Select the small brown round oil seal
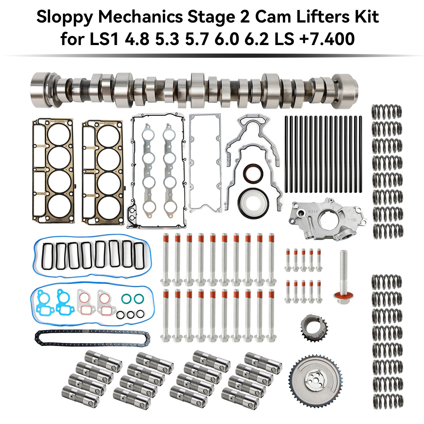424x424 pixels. coord(253,174)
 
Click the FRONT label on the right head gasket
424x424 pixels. coord(109,222)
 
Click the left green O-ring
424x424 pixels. coord(126,299)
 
